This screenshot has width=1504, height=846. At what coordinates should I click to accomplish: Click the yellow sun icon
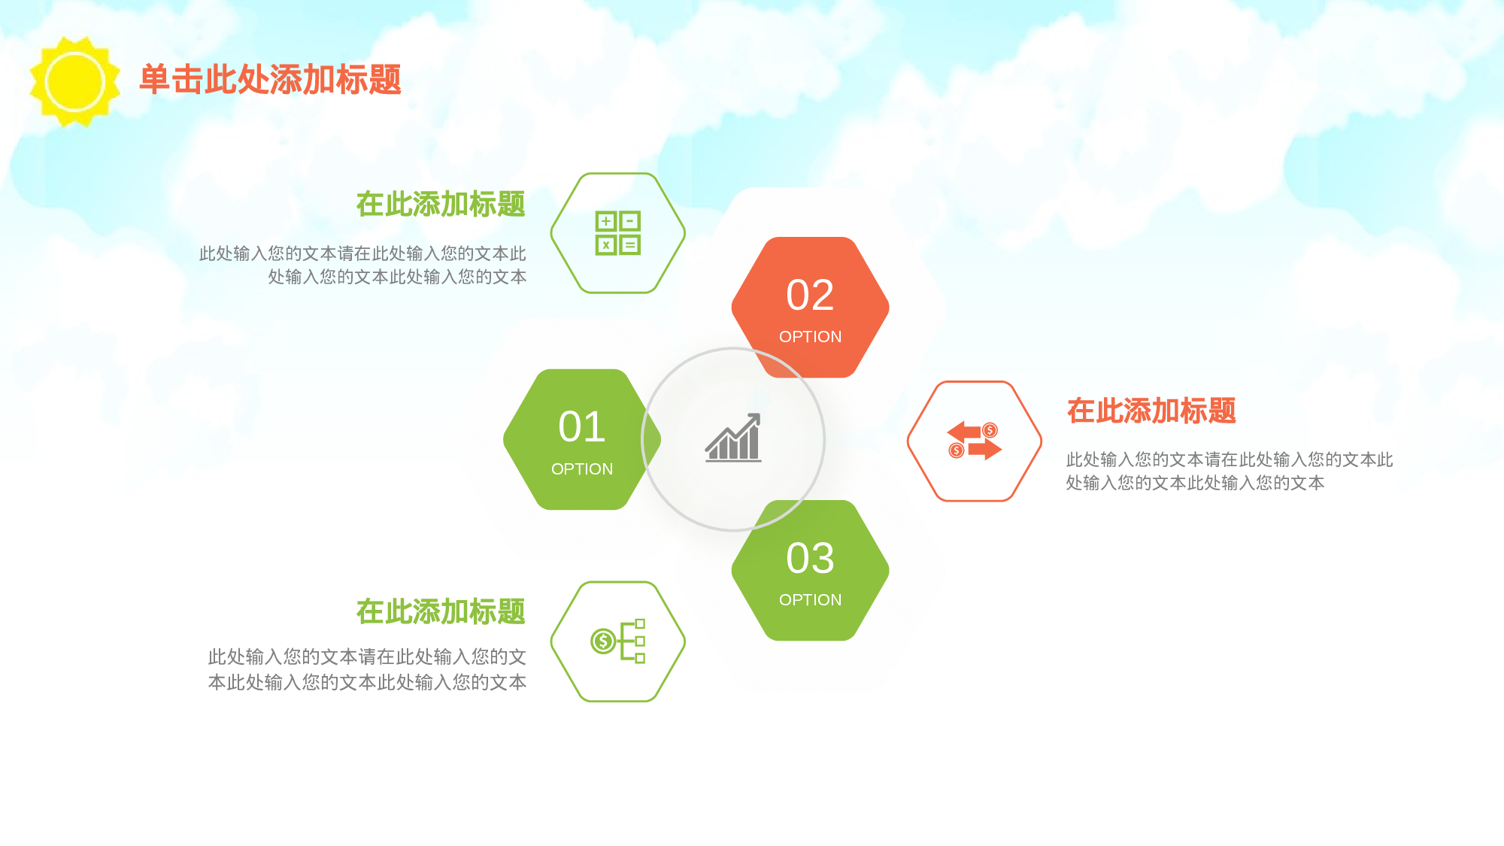(74, 81)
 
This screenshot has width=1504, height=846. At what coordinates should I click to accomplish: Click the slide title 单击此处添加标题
(271, 80)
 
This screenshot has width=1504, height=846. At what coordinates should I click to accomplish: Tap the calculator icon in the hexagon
(618, 233)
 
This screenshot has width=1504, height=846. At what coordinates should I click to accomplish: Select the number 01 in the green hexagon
(582, 427)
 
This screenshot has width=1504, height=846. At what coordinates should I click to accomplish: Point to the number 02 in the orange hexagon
(810, 295)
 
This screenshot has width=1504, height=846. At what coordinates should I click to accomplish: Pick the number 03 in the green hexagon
(810, 558)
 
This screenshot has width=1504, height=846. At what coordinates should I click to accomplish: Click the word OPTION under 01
(582, 469)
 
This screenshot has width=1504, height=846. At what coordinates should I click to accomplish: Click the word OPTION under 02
(810, 337)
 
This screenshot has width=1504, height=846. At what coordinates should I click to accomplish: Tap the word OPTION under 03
(810, 600)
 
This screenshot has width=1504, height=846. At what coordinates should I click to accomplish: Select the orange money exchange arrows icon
(974, 441)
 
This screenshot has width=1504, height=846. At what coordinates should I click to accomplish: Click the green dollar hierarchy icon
(618, 641)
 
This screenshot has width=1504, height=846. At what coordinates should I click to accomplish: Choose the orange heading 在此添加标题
(1151, 411)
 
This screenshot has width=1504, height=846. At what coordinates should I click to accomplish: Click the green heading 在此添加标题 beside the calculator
(441, 205)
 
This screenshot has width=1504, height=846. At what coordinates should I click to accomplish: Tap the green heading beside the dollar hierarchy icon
(441, 612)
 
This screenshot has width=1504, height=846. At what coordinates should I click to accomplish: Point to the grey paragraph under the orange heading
(1229, 471)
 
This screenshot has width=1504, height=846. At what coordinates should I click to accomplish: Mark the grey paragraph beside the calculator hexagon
(362, 265)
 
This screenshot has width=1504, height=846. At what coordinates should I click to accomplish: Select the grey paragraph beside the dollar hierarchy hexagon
(367, 669)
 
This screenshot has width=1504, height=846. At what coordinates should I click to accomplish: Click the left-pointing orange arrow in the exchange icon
(964, 432)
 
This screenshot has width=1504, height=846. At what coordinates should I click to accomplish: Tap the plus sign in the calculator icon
(606, 221)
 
